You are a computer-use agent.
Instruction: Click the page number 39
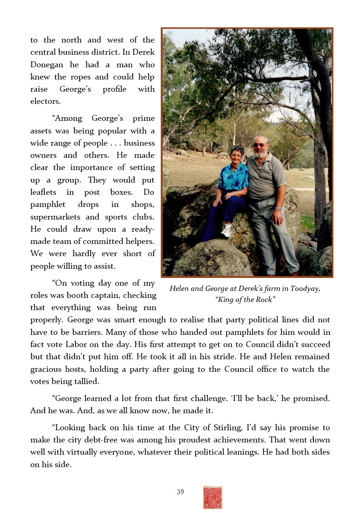pyautogui.click(x=180, y=492)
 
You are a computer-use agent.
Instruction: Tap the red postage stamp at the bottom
pyautogui.click(x=213, y=497)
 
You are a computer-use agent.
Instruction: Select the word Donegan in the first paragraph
pyautogui.click(x=47, y=65)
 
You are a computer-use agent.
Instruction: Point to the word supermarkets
pyautogui.click(x=55, y=217)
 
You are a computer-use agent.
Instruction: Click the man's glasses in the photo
pyautogui.click(x=259, y=145)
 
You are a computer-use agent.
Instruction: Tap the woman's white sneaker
pyautogui.click(x=226, y=232)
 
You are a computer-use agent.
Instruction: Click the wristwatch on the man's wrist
pyautogui.click(x=278, y=208)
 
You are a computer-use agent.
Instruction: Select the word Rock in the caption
pyautogui.click(x=264, y=299)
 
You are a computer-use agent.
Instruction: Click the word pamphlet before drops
pyautogui.click(x=48, y=205)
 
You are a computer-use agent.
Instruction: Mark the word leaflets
pyautogui.click(x=43, y=192)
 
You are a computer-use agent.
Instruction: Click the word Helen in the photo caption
pyautogui.click(x=179, y=288)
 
